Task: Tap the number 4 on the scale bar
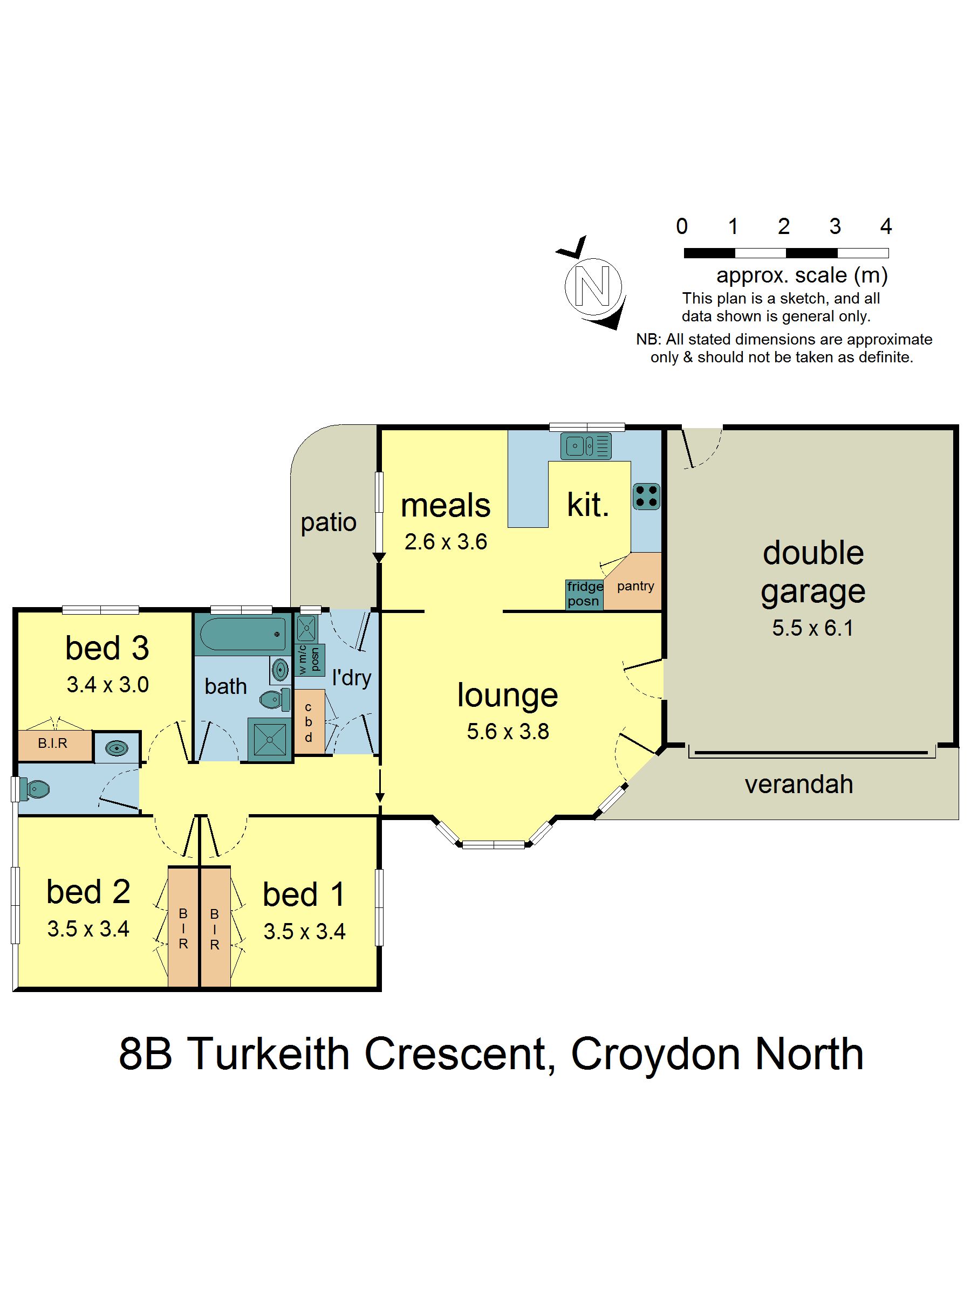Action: tap(886, 226)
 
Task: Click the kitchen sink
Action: tap(586, 446)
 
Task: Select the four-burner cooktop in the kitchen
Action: tap(646, 496)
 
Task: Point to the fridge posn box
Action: tap(584, 594)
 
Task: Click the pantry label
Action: tap(635, 586)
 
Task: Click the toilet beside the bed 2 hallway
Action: tap(34, 789)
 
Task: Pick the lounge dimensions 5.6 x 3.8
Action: tap(508, 732)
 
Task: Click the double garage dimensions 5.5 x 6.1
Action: tap(812, 628)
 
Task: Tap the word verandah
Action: tap(798, 784)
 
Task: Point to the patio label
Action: tap(329, 522)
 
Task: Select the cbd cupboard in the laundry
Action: tap(309, 723)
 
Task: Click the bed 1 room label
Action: tap(304, 895)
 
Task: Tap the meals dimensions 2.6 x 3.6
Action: tap(446, 542)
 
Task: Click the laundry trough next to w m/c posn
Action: tap(305, 628)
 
